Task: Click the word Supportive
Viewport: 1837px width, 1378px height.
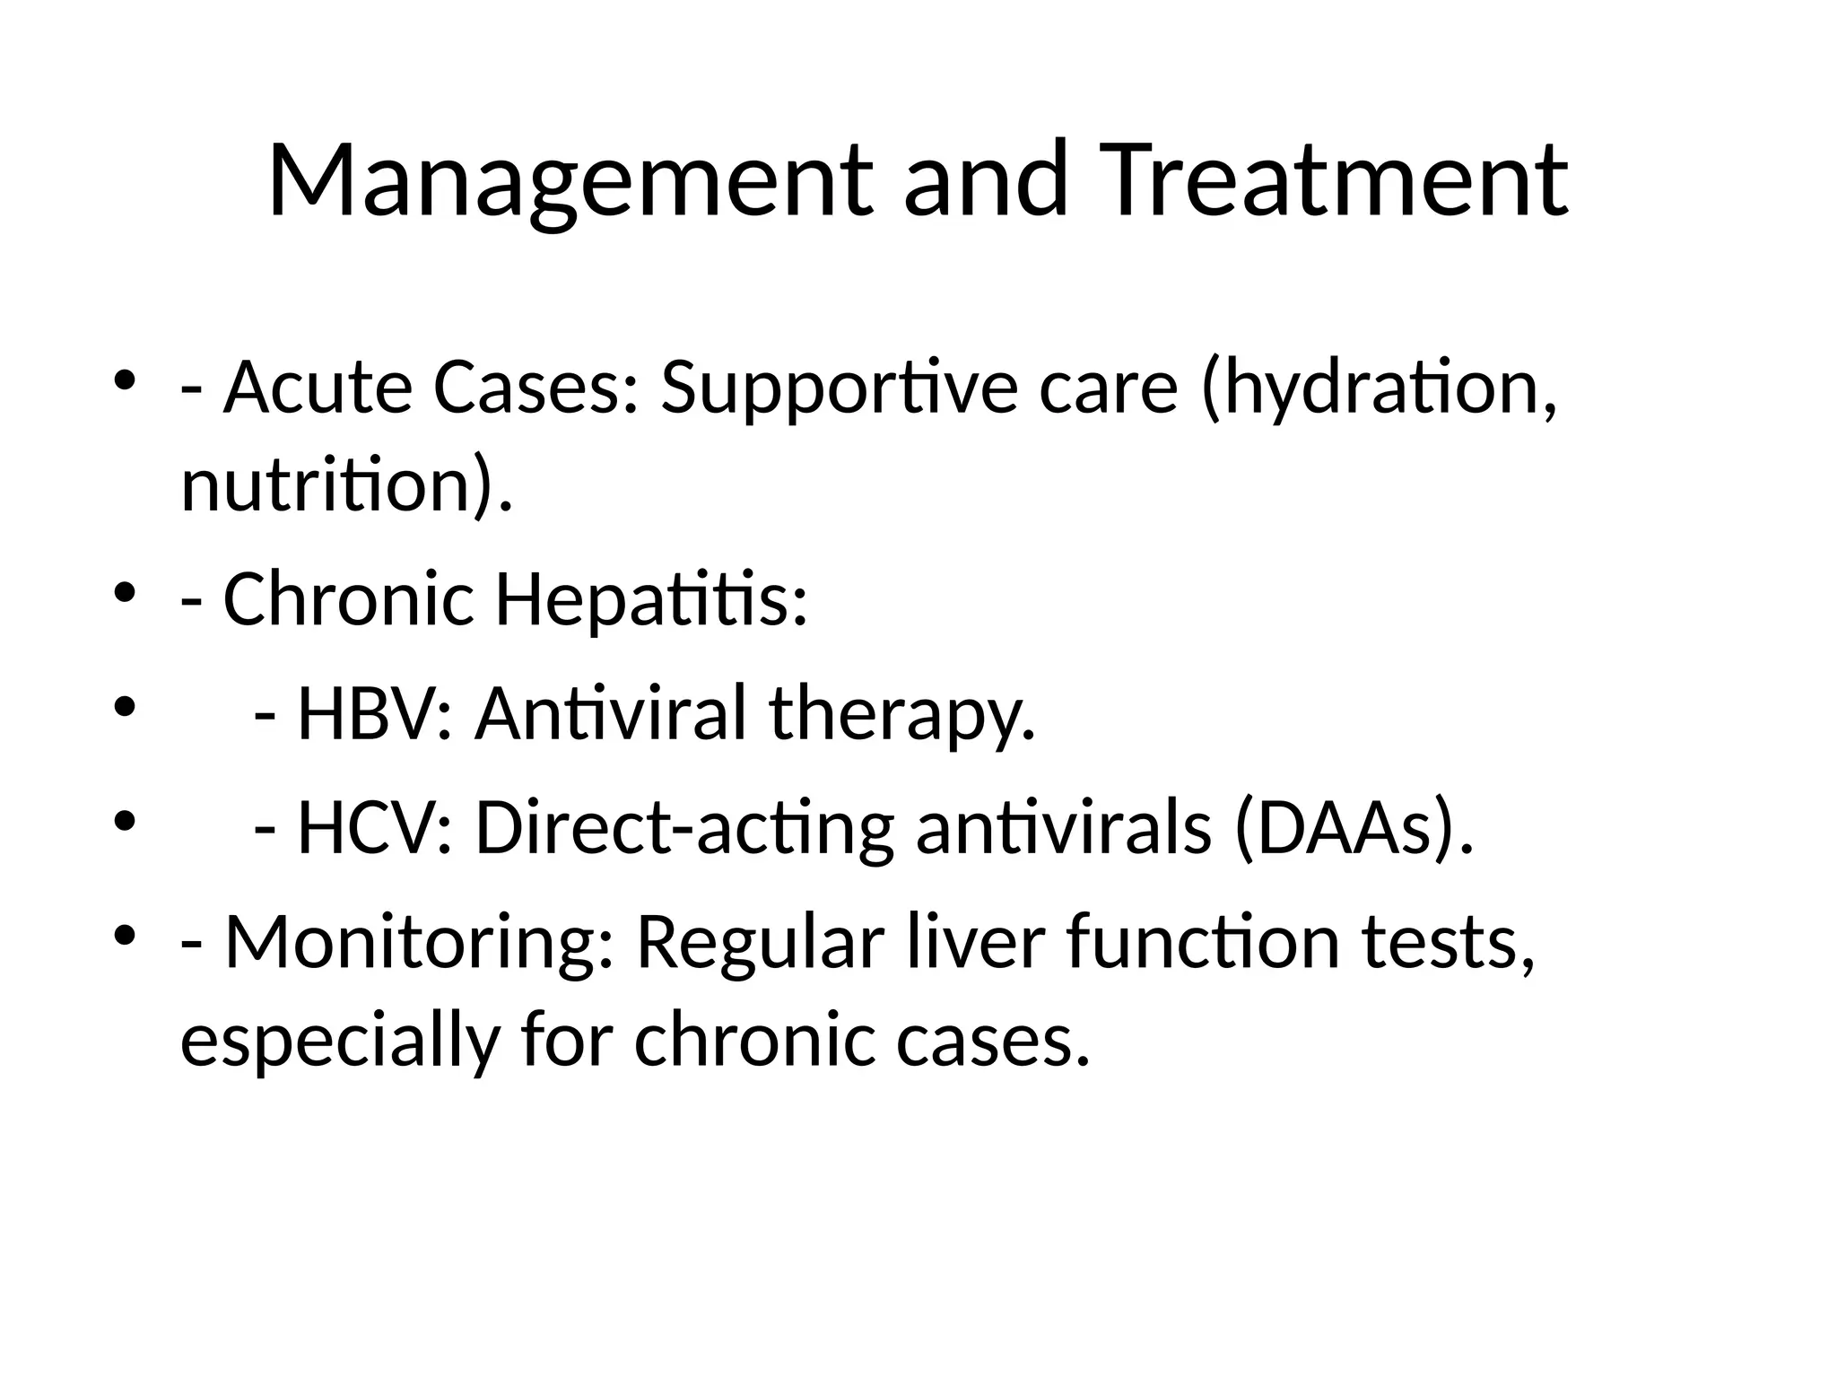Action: (x=839, y=388)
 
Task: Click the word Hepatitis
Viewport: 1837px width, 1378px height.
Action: (x=649, y=599)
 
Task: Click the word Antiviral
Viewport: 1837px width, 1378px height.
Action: (x=610, y=714)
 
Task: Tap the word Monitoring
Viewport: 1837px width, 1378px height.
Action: (x=418, y=943)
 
